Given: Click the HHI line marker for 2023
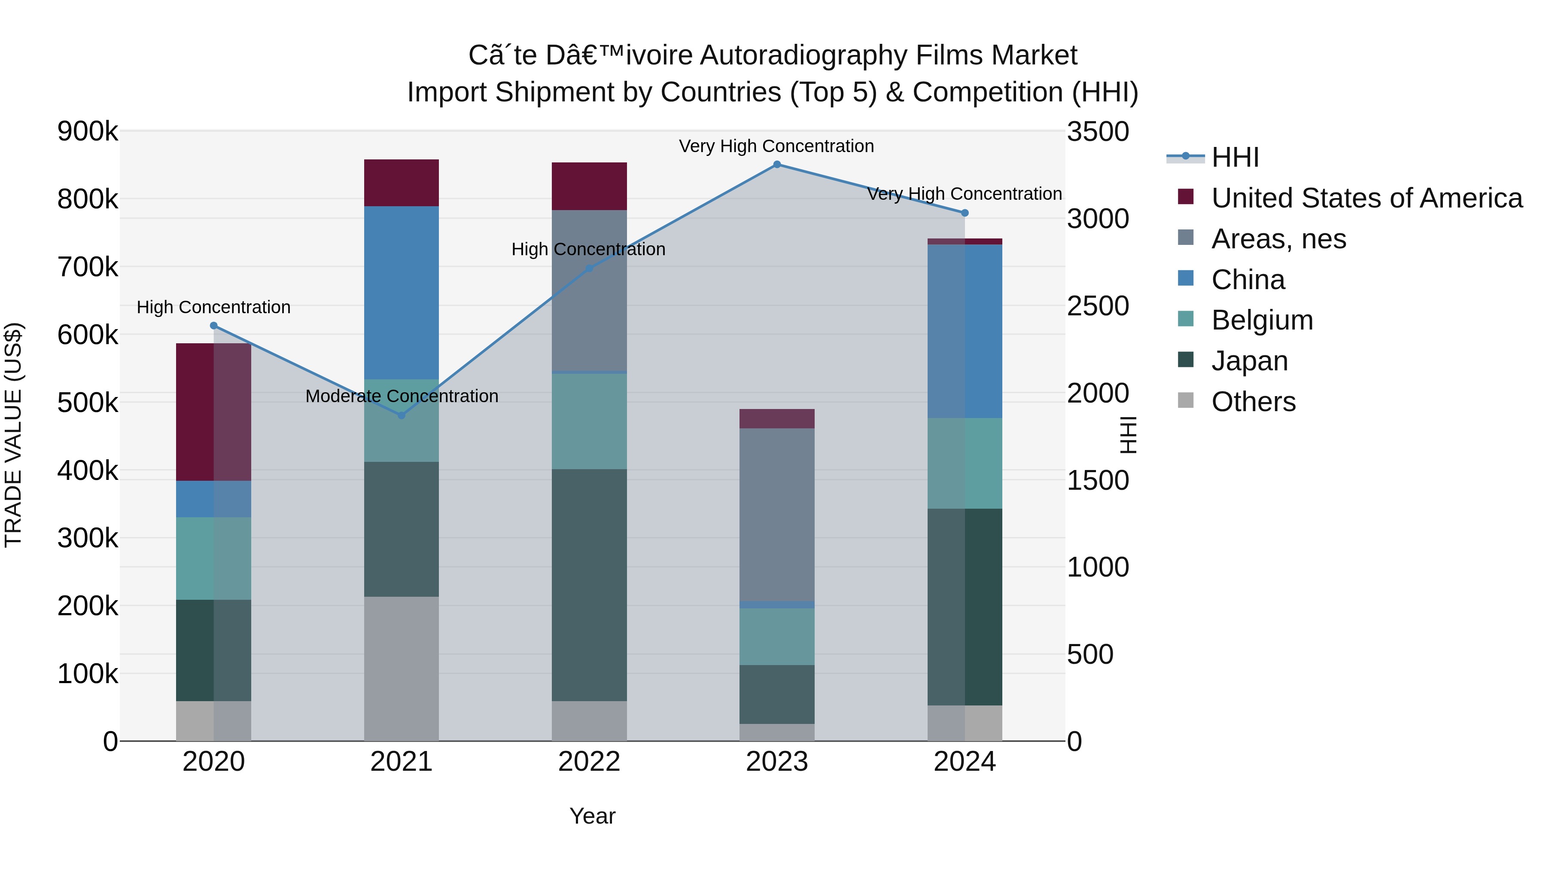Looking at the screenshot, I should (x=776, y=165).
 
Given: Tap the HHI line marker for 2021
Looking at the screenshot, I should (x=402, y=415).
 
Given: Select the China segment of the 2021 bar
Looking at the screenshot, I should (x=402, y=293).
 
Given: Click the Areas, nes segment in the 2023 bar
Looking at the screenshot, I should (x=776, y=515).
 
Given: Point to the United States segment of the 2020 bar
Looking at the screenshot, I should (x=213, y=412).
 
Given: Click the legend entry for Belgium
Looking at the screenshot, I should (x=1262, y=320).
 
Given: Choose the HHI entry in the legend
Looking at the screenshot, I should (x=1235, y=157).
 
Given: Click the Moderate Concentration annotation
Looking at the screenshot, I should (x=402, y=396).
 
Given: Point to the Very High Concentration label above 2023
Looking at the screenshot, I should (x=776, y=146).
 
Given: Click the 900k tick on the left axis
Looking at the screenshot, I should (x=88, y=131).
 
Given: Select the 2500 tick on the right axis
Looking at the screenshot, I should (x=1098, y=306).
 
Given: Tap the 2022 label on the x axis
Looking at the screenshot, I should (x=589, y=762).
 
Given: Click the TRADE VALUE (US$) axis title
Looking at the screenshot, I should (x=13, y=435).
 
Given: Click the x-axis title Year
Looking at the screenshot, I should (x=592, y=816).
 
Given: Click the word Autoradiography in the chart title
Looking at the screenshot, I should (x=803, y=55).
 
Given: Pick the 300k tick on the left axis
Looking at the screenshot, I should (x=88, y=538).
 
